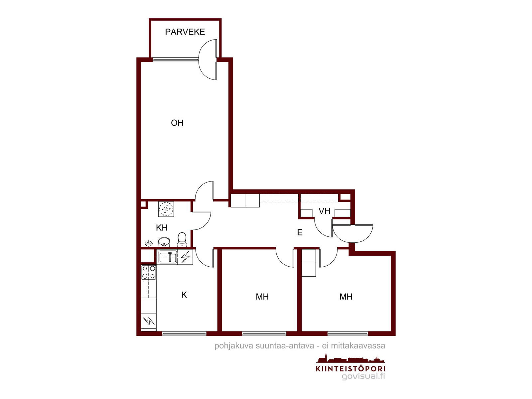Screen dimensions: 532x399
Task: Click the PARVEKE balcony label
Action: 185,32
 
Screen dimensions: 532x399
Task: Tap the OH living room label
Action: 177,123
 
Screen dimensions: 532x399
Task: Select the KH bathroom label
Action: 162,227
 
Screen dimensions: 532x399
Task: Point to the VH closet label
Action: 324,211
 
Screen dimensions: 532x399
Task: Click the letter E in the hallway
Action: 300,232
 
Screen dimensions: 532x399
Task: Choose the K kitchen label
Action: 184,295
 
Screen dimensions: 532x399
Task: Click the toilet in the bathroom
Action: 182,239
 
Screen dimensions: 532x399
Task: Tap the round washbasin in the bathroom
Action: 164,242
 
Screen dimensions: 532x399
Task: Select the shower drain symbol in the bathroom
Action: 166,209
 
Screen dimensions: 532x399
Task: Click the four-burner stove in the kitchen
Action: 149,272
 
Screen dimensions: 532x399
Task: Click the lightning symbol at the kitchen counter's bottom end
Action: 149,321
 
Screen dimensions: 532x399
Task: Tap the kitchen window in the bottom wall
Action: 184,333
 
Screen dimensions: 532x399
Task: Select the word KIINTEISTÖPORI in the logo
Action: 350,369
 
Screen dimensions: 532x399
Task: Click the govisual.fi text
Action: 363,376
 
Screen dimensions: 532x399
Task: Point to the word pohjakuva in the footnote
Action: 233,346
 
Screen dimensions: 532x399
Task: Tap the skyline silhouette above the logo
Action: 347,358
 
